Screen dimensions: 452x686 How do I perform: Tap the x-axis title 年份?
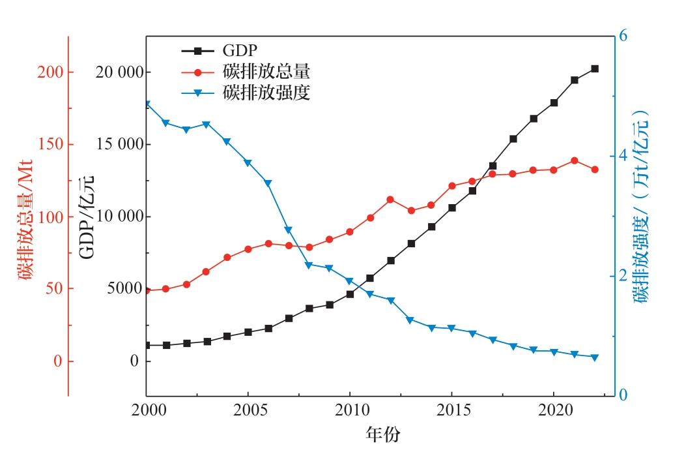point(382,433)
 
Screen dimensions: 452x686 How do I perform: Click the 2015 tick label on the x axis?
point(451,412)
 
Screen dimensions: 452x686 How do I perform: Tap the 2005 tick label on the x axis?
point(248,412)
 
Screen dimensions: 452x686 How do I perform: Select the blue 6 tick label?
point(623,36)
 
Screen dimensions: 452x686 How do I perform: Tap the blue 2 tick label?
point(623,276)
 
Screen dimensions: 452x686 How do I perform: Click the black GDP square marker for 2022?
point(595,68)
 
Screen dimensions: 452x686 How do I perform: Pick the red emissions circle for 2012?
point(390,200)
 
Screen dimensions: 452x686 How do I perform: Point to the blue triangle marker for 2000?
point(147,104)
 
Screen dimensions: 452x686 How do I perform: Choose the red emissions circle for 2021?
point(574,160)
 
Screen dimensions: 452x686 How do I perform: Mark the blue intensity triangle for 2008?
point(309,265)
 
